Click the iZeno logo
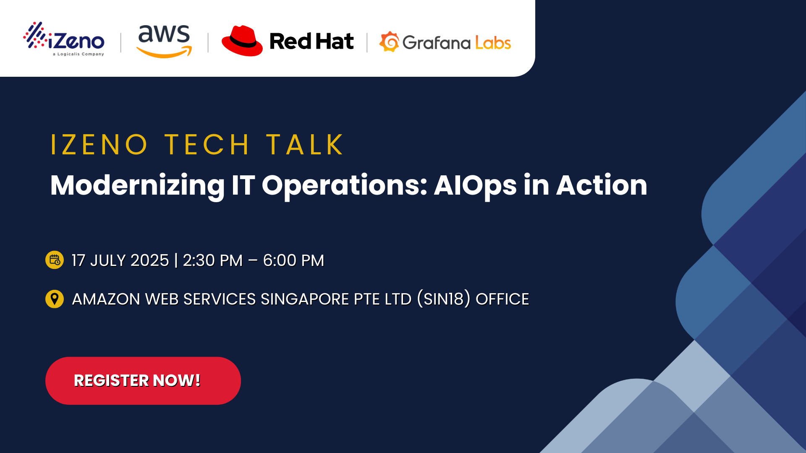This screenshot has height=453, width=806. (64, 39)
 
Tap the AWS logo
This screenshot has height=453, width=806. (164, 41)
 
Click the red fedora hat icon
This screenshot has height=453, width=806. (242, 41)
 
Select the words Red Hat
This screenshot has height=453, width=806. (311, 42)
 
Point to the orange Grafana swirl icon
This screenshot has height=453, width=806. (389, 42)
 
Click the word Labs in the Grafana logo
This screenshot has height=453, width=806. (493, 43)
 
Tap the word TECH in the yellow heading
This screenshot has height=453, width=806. (207, 145)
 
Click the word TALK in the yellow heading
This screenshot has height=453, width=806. (305, 145)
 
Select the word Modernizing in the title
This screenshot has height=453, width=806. (137, 185)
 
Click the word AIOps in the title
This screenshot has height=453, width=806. (475, 185)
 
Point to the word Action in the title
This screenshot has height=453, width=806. (602, 185)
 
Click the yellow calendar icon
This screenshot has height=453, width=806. (55, 260)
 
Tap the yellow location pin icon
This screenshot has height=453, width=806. (55, 299)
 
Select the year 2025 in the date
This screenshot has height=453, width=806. (149, 260)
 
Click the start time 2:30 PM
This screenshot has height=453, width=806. (212, 260)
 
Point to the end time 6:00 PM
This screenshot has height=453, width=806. (293, 260)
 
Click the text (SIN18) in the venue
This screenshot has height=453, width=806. (444, 299)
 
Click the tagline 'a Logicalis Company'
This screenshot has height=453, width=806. (79, 54)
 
